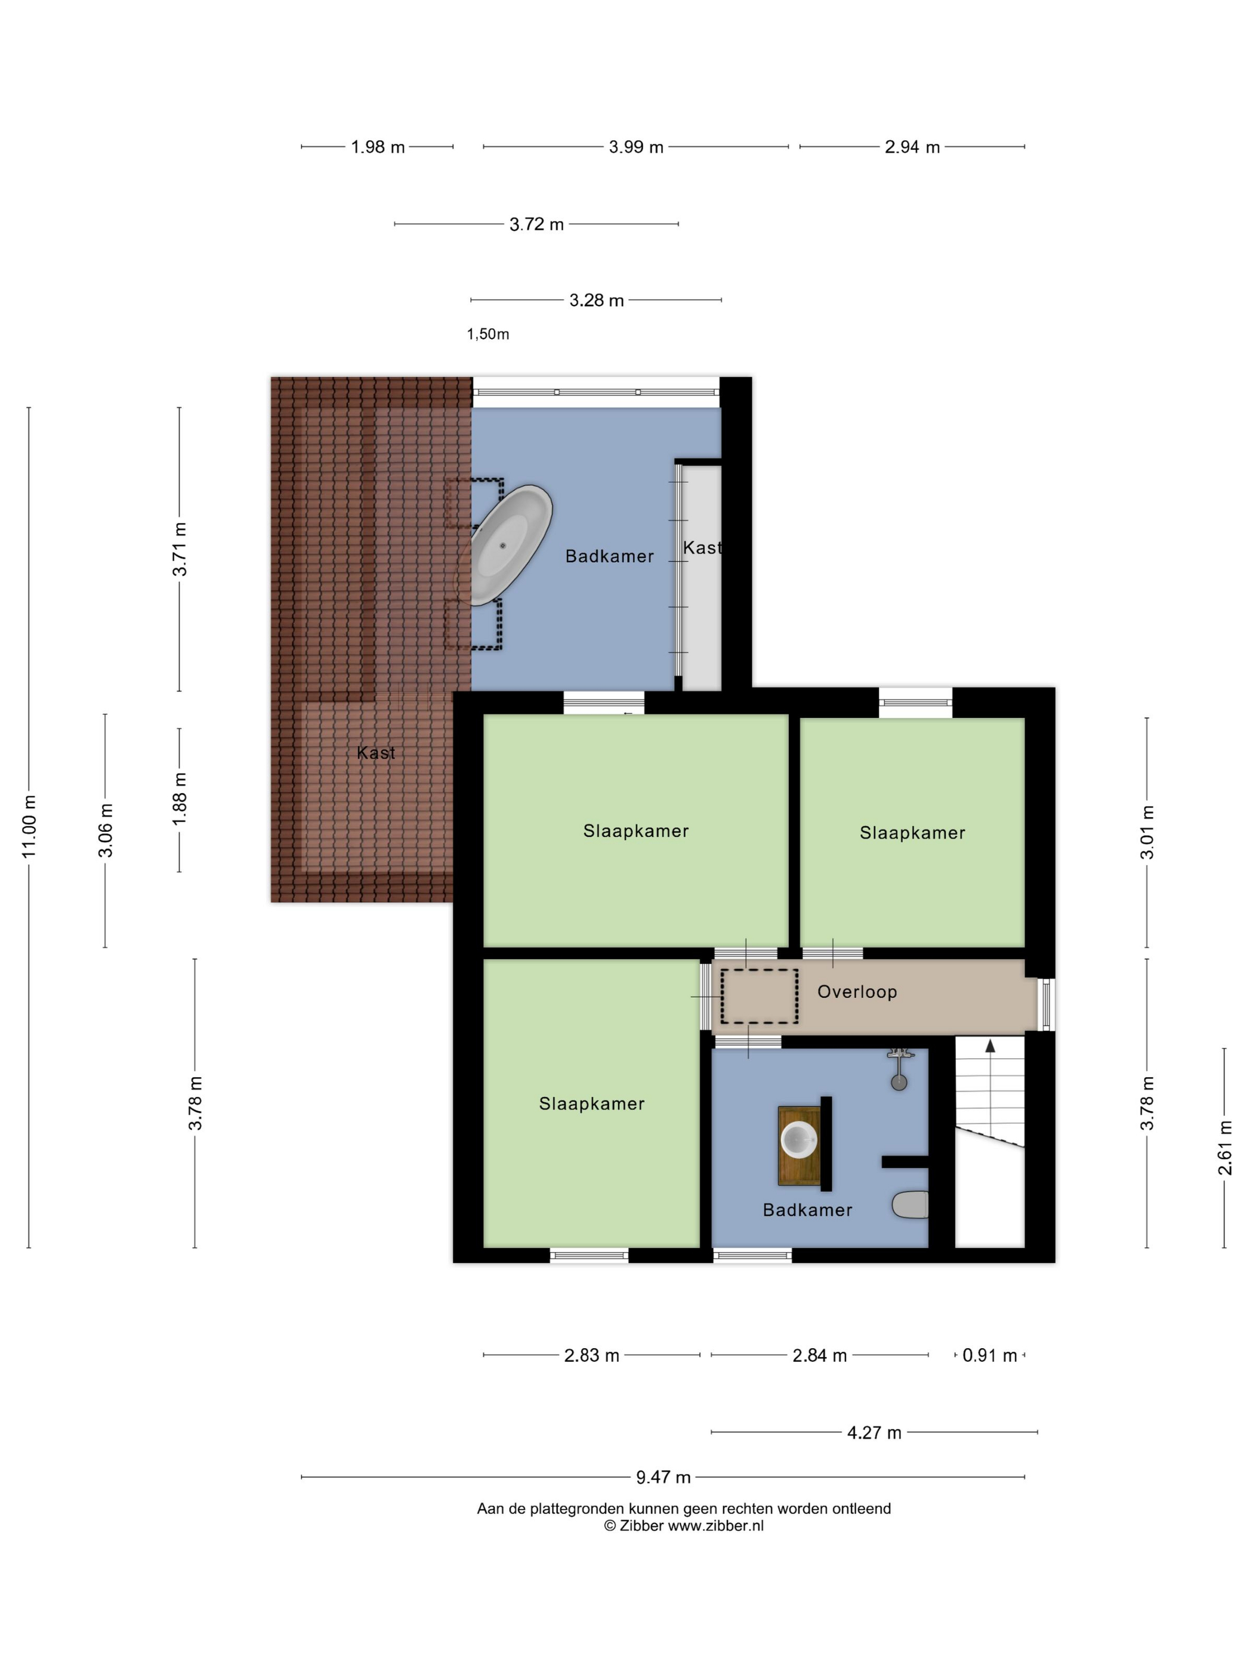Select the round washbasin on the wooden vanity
pos(799,1140)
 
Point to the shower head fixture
pos(899,1068)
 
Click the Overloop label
pos(856,992)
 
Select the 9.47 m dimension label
pos(663,1476)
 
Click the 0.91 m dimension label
pos(989,1355)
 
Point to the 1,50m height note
pos(488,334)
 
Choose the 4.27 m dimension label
pos(874,1432)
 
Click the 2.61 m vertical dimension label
pos(1224,1148)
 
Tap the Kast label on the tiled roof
pos(376,753)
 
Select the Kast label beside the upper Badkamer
pos(702,548)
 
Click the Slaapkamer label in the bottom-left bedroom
pos(591,1103)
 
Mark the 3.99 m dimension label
pos(636,147)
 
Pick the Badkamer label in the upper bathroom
pos(610,556)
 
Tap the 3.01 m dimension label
pos(1147,832)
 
